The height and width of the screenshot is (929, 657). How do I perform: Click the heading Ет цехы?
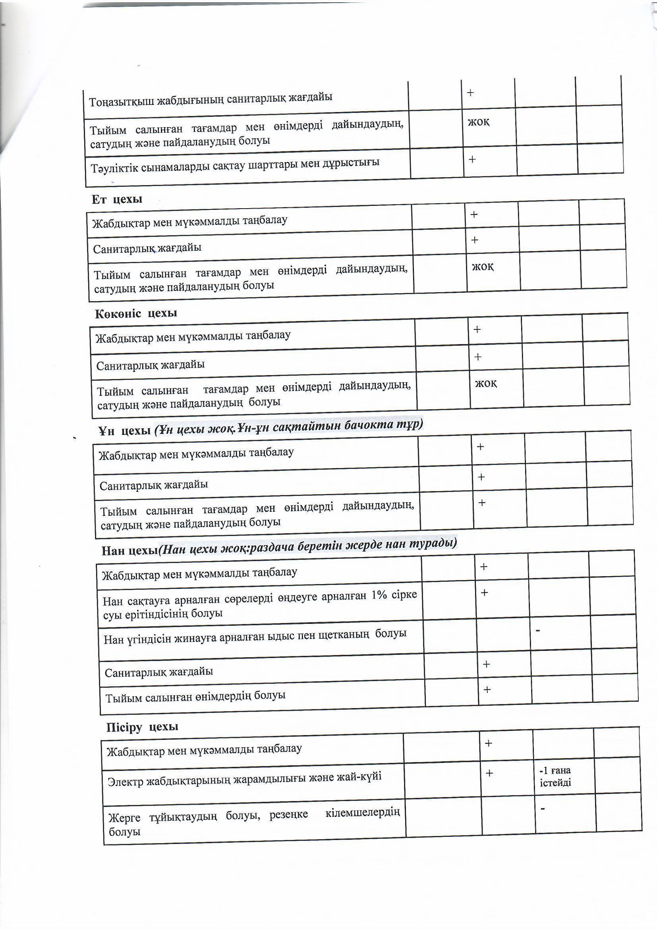click(x=116, y=199)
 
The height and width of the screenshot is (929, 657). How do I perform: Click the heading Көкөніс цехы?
click(x=136, y=314)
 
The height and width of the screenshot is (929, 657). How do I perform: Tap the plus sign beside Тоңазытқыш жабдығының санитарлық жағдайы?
click(x=470, y=93)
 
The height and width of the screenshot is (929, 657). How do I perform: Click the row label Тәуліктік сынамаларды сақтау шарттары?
click(x=235, y=165)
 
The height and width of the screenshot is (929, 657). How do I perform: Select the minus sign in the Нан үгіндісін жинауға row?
click(x=538, y=642)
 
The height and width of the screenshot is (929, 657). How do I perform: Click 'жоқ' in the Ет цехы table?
click(x=483, y=266)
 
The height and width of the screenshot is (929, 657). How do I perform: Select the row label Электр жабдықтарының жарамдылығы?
click(x=244, y=779)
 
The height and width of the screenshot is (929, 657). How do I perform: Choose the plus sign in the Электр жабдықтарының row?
click(x=489, y=773)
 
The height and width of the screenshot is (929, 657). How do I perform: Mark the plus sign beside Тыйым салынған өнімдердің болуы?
click(x=487, y=689)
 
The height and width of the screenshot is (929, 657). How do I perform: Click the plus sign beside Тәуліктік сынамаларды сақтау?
click(x=472, y=159)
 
